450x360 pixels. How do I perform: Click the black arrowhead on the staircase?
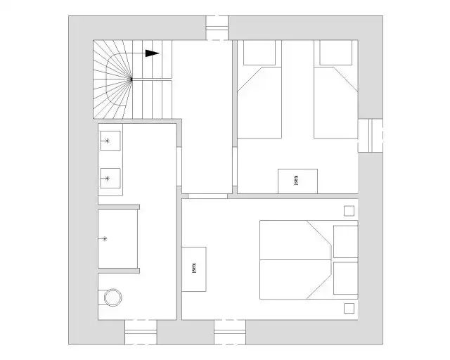click(152, 53)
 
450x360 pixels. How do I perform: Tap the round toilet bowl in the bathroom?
click(112, 297)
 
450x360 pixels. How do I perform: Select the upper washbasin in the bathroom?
click(110, 141)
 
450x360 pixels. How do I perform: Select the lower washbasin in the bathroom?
click(110, 179)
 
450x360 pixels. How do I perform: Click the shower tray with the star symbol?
click(117, 238)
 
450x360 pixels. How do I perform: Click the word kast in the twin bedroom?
click(296, 181)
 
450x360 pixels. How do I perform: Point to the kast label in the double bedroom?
click(194, 268)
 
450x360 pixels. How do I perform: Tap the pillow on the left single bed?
click(259, 53)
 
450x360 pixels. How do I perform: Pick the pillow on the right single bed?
click(336, 53)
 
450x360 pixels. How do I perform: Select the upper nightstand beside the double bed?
click(349, 211)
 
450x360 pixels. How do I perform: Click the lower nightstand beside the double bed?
click(349, 309)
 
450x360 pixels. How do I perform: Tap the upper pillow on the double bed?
click(345, 242)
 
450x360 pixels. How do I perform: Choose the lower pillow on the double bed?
click(345, 278)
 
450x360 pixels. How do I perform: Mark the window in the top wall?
click(217, 28)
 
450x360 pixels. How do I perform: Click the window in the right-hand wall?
click(371, 135)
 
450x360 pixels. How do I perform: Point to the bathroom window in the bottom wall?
click(141, 332)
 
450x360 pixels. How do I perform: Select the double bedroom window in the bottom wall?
click(230, 332)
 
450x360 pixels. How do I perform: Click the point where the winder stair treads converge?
click(131, 79)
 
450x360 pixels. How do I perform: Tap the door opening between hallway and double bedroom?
click(207, 196)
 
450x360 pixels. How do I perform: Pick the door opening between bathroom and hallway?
click(179, 167)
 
